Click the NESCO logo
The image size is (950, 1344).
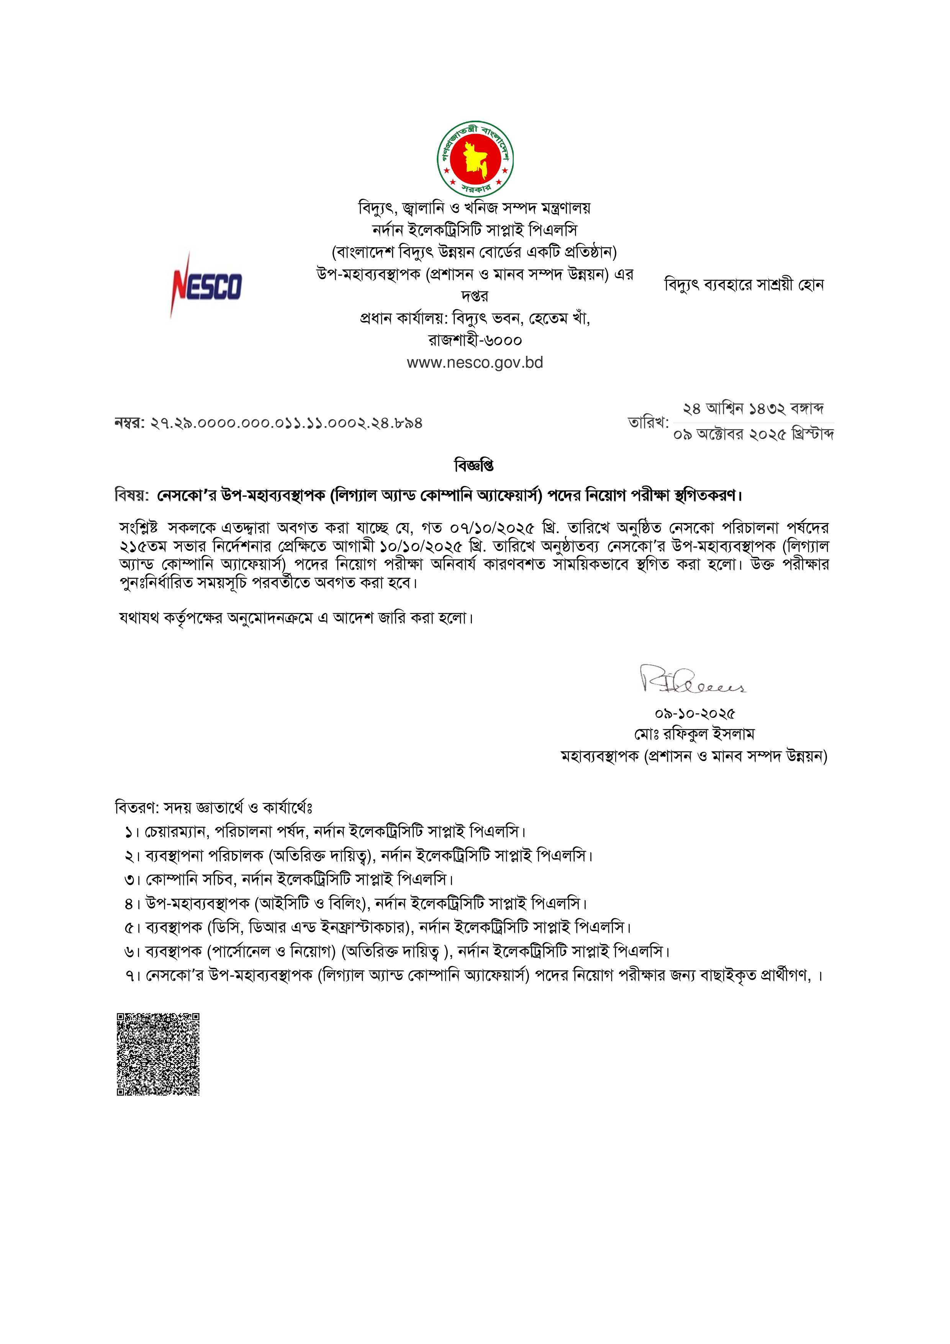(206, 286)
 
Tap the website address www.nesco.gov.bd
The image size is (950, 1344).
(475, 363)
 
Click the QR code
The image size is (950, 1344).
(158, 1054)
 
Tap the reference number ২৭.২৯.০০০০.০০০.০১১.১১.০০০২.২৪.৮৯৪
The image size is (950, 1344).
(286, 423)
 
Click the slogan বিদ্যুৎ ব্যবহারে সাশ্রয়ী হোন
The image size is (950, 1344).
(744, 285)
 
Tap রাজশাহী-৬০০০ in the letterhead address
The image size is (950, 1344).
(475, 341)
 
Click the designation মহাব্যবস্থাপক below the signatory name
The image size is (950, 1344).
(599, 756)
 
